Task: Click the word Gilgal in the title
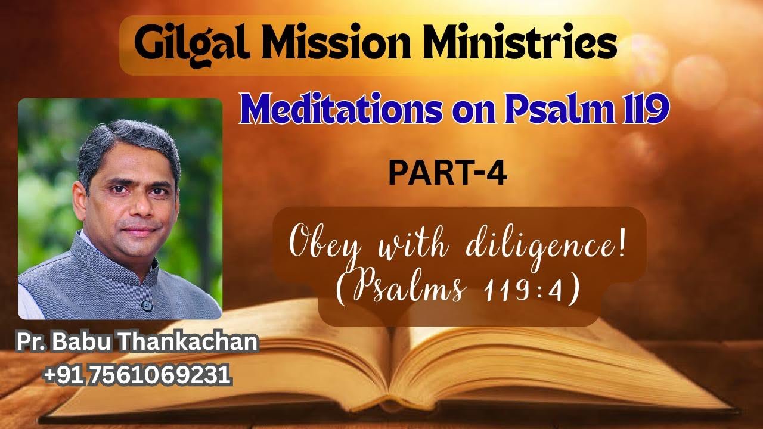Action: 181,45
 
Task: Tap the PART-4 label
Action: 447,173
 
